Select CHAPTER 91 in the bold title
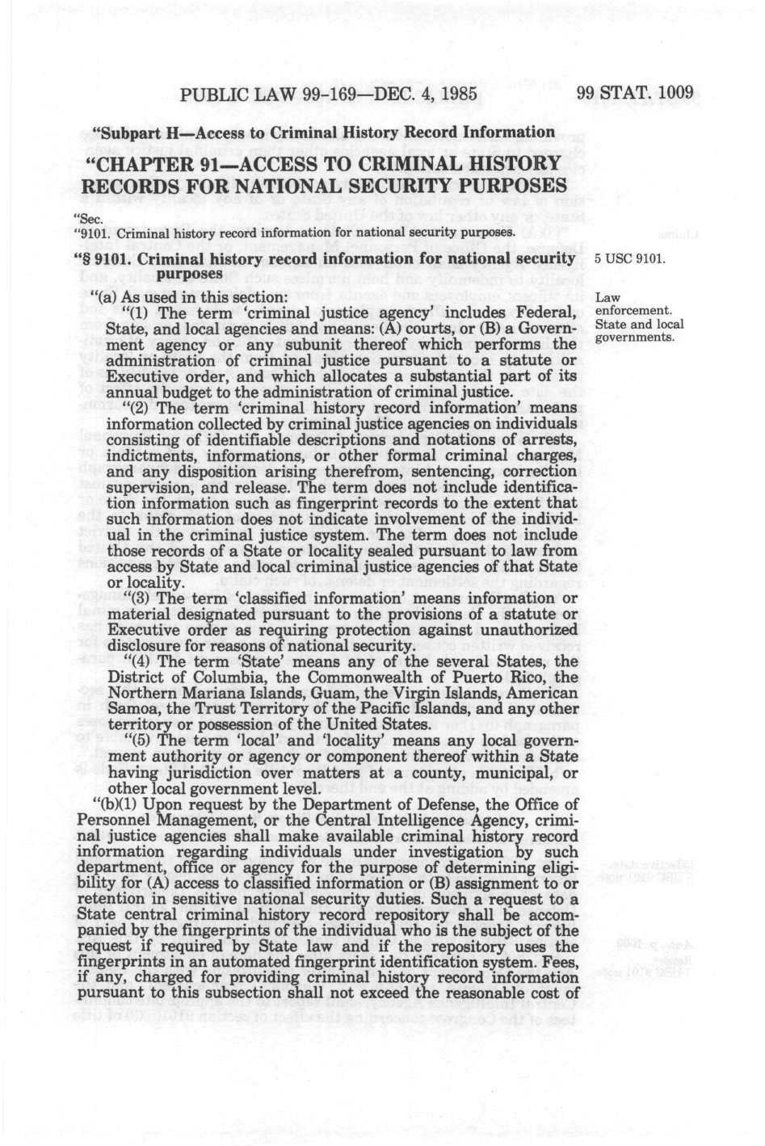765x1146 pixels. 178,166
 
